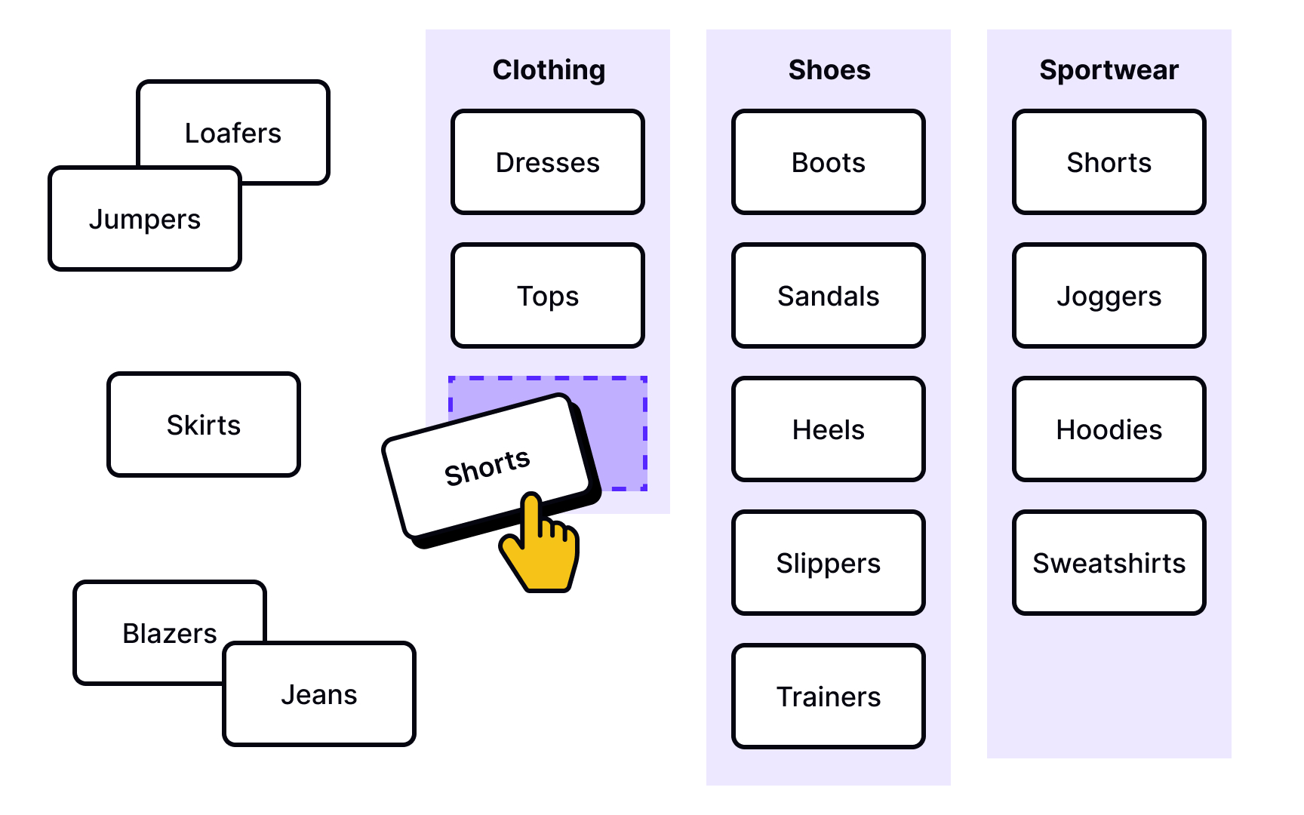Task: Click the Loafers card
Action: point(233,132)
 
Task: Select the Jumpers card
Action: point(145,219)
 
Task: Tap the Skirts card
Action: point(204,425)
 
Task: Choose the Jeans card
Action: point(319,694)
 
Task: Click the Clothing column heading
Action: point(549,70)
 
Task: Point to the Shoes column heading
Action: point(829,70)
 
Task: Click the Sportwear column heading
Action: point(1109,70)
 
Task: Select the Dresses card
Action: point(548,162)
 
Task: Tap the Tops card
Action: point(548,296)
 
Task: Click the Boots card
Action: point(829,162)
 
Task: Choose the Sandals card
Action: point(829,296)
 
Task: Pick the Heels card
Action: point(829,429)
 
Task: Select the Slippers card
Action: point(829,563)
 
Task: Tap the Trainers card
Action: point(829,697)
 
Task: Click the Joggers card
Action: point(1109,296)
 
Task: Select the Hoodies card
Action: point(1109,429)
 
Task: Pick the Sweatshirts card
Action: point(1109,563)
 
